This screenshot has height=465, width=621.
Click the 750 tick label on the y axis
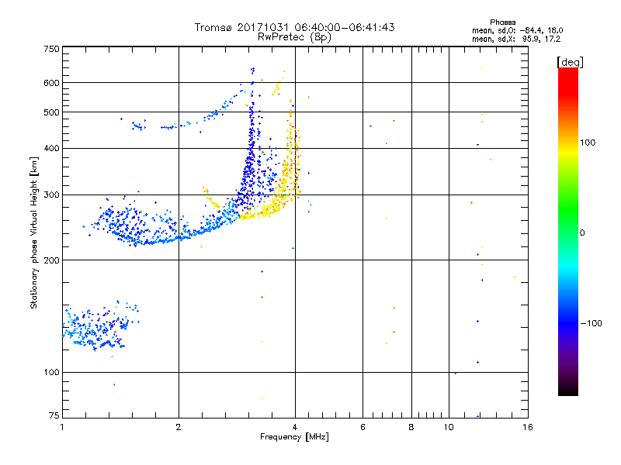point(51,48)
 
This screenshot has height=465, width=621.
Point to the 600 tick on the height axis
point(51,83)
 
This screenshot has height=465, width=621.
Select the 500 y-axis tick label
point(51,112)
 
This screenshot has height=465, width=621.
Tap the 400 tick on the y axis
point(51,148)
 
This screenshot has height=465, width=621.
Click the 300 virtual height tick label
point(51,195)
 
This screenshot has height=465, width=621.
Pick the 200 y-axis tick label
point(51,260)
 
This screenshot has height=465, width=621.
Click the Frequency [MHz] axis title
point(294,437)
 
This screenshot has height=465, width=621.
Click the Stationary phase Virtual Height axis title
point(33,232)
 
